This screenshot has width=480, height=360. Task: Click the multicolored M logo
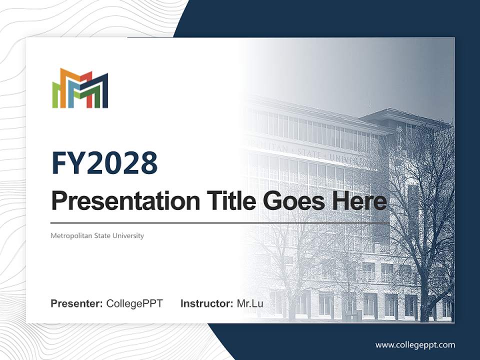pos(80,88)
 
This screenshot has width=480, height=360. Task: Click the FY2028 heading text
pos(104,163)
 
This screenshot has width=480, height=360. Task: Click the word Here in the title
pos(358,201)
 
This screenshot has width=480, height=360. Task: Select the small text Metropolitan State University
pos(97,235)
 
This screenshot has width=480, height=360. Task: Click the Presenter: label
pos(77,303)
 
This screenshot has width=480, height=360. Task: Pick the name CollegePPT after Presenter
pos(134,303)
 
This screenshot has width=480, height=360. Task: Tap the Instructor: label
pos(206,303)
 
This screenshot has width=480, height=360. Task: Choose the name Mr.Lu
pos(250,303)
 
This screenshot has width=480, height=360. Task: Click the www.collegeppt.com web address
pos(415,345)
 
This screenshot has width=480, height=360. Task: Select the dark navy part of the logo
pos(103,92)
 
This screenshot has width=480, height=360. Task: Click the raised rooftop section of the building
pos(400,117)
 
